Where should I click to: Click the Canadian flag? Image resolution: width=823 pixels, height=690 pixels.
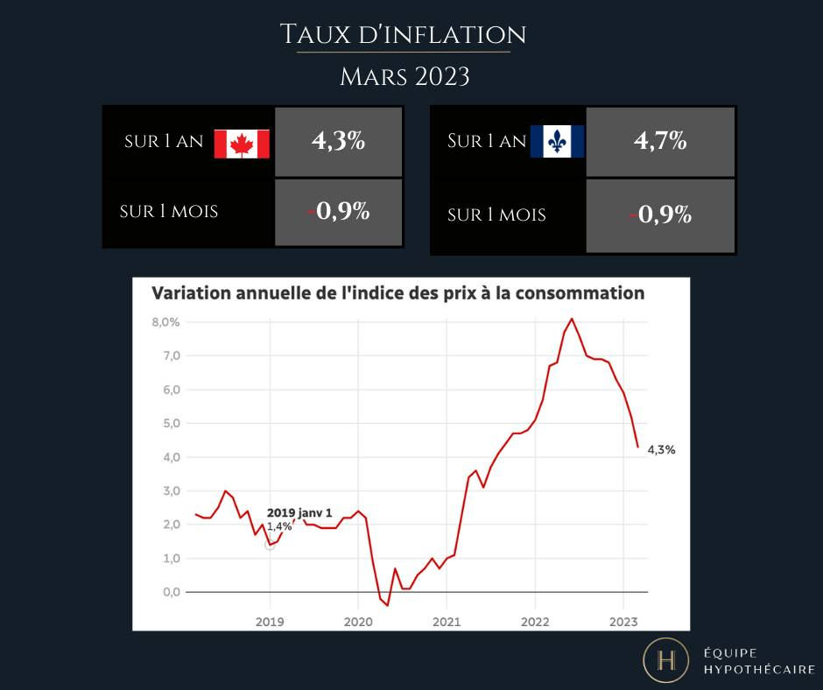point(242,144)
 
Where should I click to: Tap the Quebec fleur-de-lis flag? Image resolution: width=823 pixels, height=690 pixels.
point(556,141)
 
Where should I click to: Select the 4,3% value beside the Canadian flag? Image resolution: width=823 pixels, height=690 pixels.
point(338,141)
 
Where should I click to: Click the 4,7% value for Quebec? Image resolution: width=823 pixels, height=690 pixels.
point(660,141)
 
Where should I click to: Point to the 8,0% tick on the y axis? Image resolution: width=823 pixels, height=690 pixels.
point(165,322)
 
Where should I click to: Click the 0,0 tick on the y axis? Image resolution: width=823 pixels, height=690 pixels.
point(172,592)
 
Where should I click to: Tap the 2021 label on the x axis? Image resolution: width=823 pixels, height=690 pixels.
point(447,622)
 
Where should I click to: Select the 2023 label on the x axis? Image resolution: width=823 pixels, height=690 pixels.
point(623,622)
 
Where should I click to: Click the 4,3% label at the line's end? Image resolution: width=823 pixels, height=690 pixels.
point(661,449)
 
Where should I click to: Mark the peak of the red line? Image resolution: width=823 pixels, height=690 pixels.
point(572,318)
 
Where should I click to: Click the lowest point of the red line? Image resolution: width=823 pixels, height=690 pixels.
point(387,605)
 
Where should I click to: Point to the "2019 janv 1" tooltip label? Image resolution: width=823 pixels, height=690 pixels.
point(299,512)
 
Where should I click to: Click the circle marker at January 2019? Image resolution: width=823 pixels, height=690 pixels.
point(270,545)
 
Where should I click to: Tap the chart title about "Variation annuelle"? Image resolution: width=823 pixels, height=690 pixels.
point(397,293)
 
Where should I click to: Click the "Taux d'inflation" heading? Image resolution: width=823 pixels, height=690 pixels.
point(403,35)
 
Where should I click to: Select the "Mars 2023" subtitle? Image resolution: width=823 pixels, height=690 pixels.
point(404,77)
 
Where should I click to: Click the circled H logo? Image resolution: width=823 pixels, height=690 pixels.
point(666,660)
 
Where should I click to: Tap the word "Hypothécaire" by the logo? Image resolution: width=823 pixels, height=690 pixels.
point(759,670)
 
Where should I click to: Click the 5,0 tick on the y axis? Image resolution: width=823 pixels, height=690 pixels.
point(172,423)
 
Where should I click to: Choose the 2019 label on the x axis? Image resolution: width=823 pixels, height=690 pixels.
point(270,622)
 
